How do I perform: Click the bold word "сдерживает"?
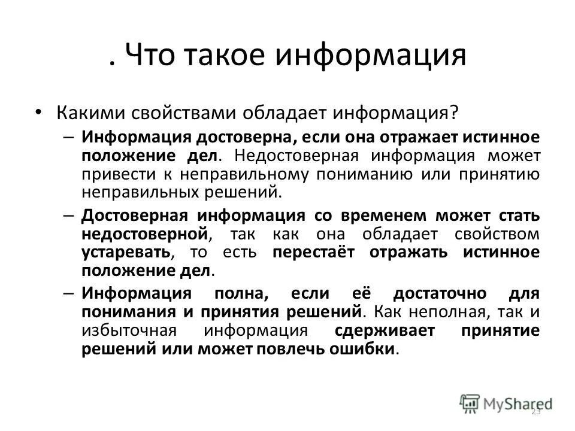[x=382, y=331]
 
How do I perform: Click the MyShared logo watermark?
[x=506, y=403]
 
